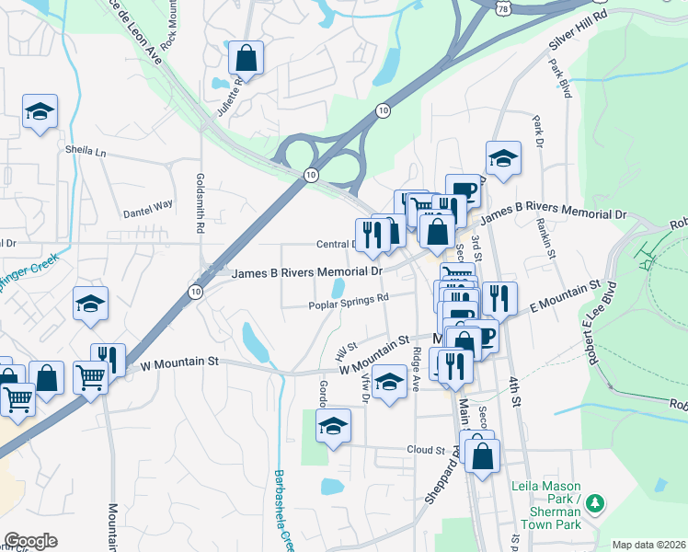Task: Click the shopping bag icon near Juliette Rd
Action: click(247, 59)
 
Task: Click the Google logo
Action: click(30, 541)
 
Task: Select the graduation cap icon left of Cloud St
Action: click(333, 426)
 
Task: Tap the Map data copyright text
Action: click(648, 545)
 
